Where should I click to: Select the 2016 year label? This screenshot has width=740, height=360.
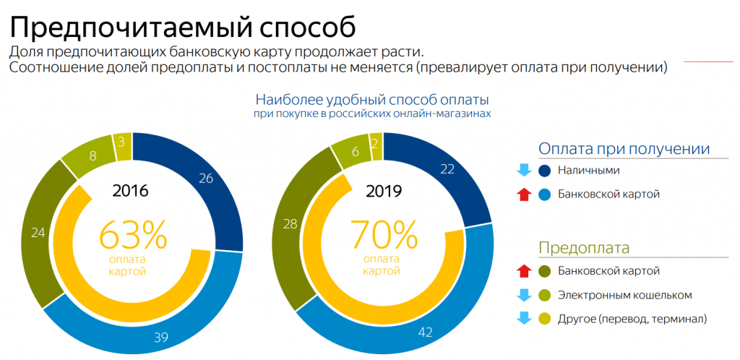[x=131, y=192]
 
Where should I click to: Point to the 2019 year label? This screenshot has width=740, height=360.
[x=384, y=192]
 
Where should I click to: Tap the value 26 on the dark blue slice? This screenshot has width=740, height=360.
[x=206, y=179]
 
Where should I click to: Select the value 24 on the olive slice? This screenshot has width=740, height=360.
[x=38, y=233]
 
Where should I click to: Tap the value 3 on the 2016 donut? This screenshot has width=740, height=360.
[x=121, y=142]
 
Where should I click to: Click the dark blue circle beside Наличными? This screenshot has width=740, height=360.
[x=546, y=171]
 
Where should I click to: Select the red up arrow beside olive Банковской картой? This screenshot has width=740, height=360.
[x=524, y=271]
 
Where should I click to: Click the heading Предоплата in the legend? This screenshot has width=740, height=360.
[x=584, y=248]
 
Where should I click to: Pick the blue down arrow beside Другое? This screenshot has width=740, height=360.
[x=524, y=319]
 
